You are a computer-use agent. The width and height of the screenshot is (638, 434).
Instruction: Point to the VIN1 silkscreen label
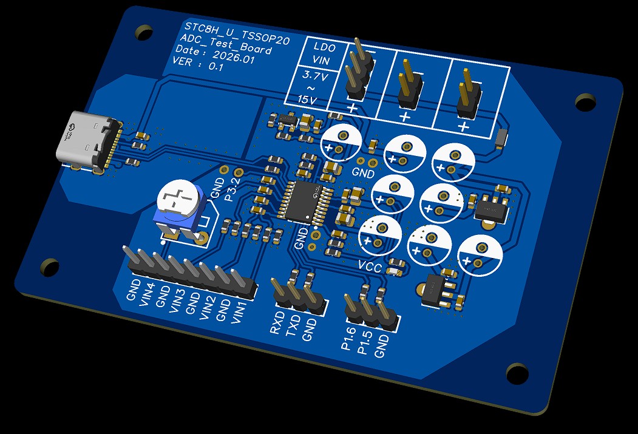point(240,313)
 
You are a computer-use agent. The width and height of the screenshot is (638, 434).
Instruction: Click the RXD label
point(277,323)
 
